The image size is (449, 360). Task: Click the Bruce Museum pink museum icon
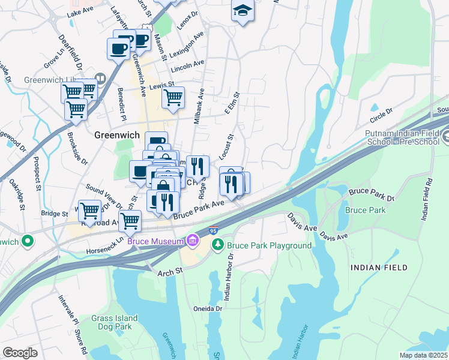[192, 241]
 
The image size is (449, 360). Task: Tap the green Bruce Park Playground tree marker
[217, 245]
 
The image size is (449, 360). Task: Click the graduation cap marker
[243, 12]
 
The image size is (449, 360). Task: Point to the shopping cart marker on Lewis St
[173, 98]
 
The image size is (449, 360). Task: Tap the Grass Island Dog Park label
[115, 322]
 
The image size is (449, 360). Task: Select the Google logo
[20, 352]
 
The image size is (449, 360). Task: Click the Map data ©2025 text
[423, 355]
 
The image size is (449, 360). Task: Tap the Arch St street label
[170, 272]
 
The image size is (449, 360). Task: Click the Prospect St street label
[38, 170]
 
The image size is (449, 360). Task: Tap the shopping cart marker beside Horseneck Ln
[130, 221]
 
